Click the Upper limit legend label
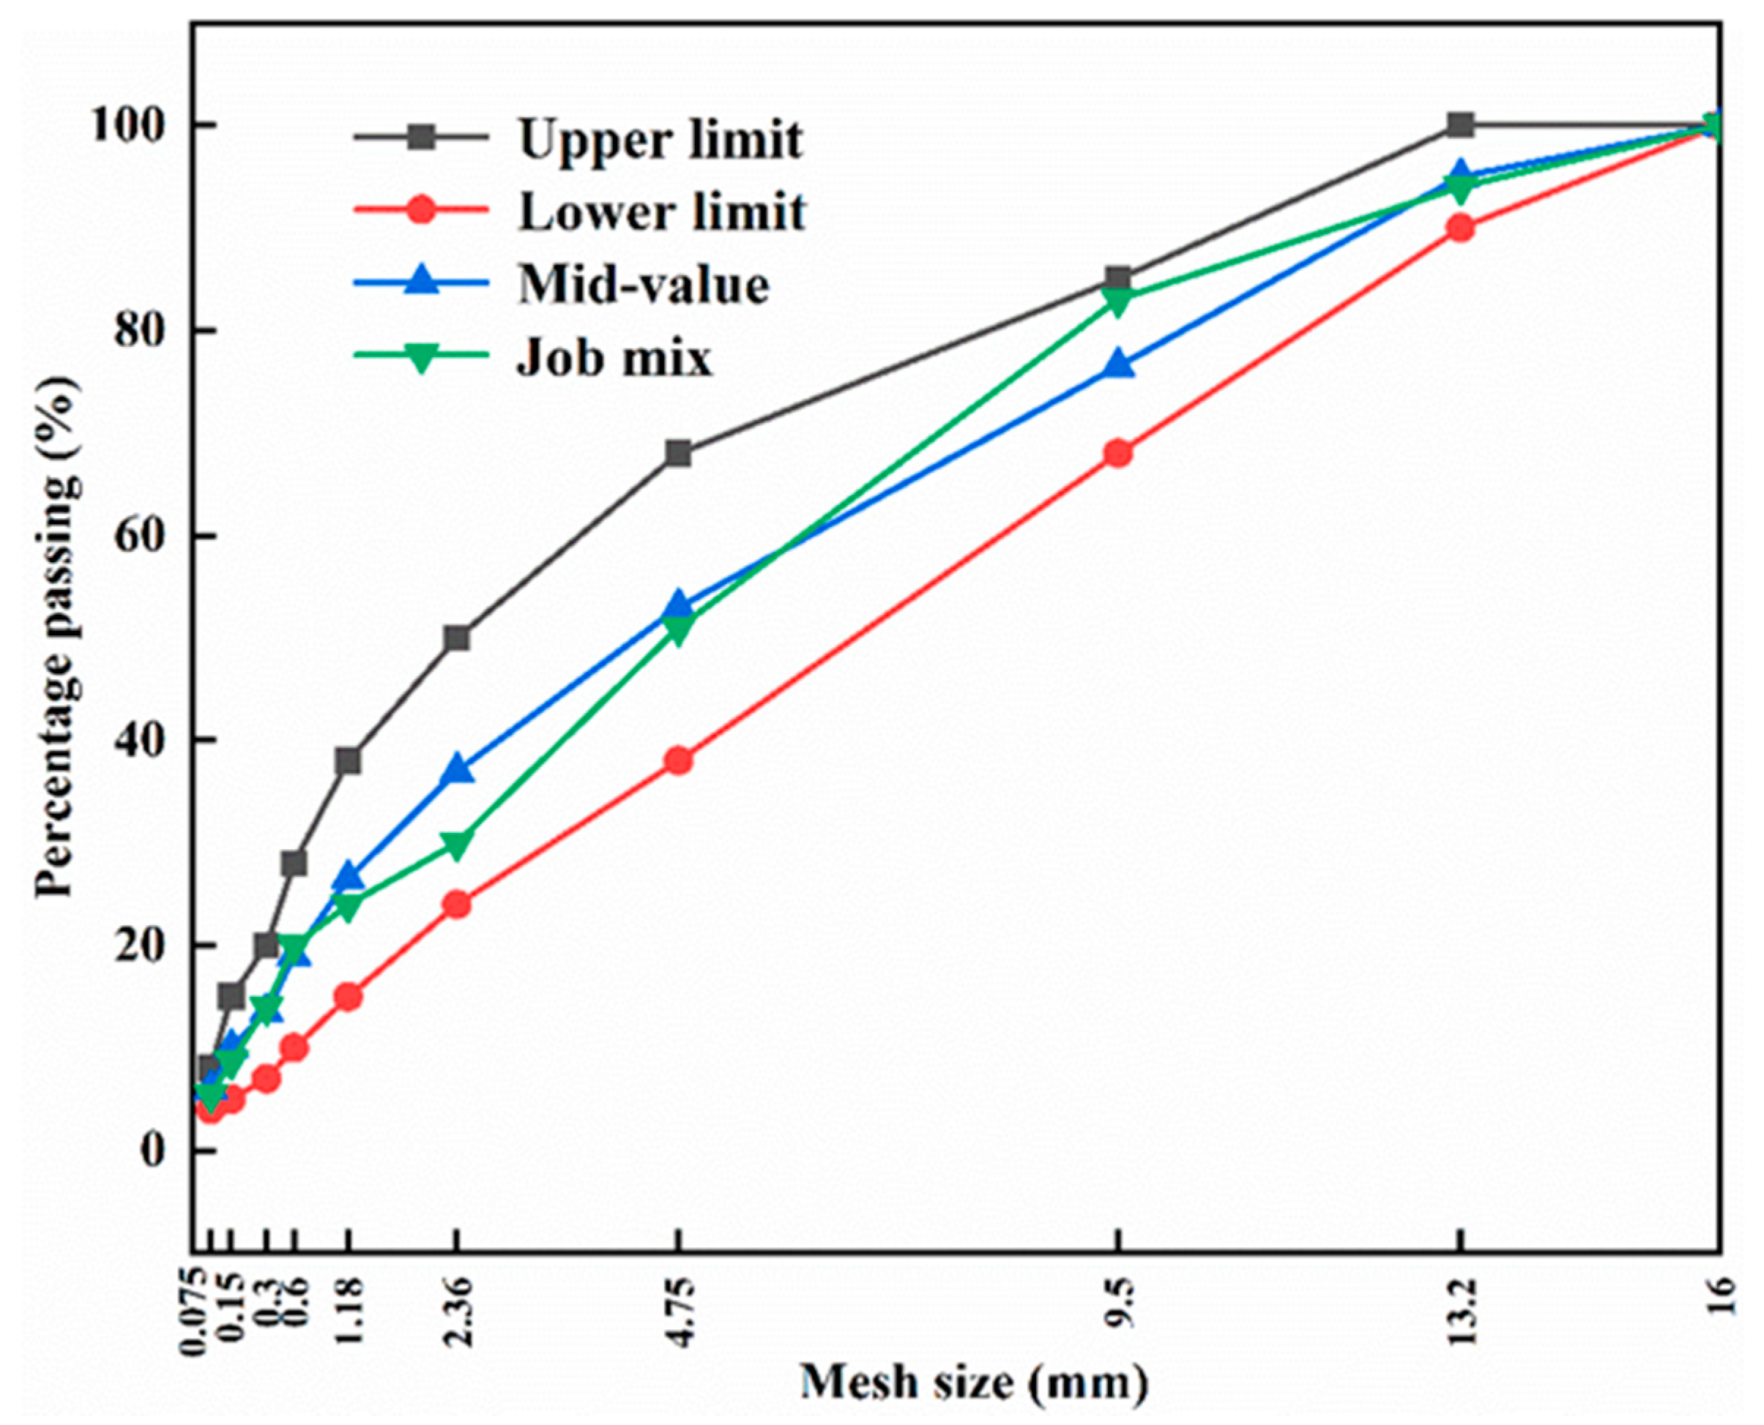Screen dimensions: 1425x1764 (660, 140)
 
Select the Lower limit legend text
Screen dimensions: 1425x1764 (662, 212)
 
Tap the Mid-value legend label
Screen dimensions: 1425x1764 (643, 285)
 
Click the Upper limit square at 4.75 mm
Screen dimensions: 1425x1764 (678, 453)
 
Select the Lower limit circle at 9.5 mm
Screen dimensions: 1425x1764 (1118, 453)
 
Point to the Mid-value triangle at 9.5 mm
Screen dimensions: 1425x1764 (1118, 365)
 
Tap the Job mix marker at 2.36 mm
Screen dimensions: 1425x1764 (458, 844)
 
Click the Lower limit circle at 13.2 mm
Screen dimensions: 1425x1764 (1460, 228)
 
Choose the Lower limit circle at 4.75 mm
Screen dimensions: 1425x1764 (678, 761)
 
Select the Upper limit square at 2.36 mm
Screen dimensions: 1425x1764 (458, 637)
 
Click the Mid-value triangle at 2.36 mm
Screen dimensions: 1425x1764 (458, 771)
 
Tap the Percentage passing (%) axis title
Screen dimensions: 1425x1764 (59, 636)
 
